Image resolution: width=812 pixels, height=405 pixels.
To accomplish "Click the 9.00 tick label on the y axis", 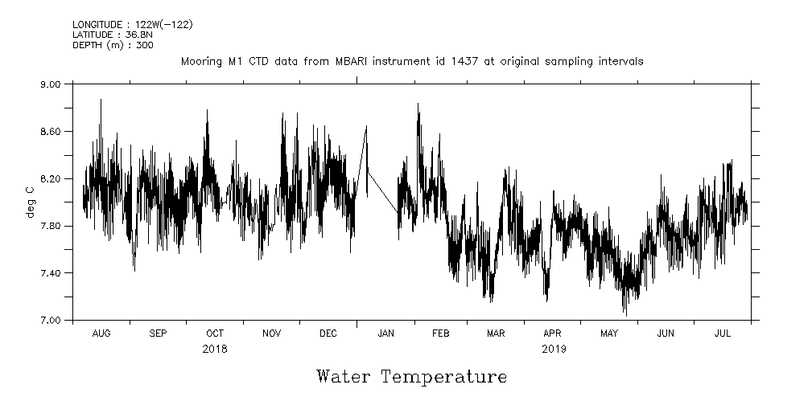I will tap(51, 84).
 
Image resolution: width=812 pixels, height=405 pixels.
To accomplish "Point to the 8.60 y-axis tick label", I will tap(51, 132).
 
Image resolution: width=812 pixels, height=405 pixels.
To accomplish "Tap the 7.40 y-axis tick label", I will tap(51, 274).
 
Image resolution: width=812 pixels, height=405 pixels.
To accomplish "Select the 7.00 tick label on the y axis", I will tap(51, 321).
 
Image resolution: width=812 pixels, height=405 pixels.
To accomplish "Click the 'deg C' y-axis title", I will tap(30, 202).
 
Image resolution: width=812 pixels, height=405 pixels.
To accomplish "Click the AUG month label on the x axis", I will tap(101, 333).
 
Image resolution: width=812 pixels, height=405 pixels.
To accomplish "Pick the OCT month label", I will tap(215, 333).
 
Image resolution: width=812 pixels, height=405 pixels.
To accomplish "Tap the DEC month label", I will tap(328, 333).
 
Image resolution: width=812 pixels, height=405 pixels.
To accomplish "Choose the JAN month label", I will tap(385, 333).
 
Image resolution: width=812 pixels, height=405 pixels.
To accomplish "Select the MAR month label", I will tap(497, 333).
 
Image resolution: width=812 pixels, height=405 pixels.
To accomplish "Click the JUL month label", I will tap(723, 333).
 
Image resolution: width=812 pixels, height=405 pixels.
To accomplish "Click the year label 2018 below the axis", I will tap(215, 350).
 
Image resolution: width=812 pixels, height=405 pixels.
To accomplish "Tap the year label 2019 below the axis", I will tap(554, 350).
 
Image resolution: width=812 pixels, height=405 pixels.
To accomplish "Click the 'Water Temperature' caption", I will tap(412, 377).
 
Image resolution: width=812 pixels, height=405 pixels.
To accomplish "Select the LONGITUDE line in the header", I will tap(132, 25).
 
